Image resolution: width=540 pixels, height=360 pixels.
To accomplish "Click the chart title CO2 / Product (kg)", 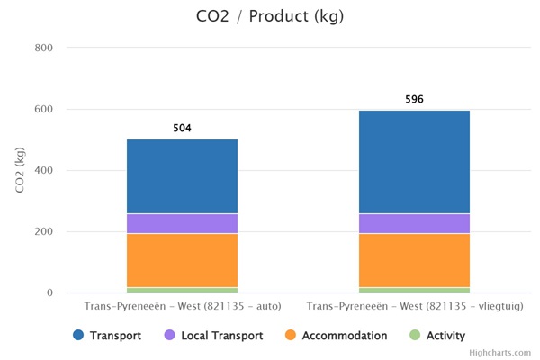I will (269, 16).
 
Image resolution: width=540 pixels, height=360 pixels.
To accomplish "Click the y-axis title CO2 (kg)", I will (21, 170).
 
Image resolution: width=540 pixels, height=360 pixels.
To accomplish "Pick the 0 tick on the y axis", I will (49, 292).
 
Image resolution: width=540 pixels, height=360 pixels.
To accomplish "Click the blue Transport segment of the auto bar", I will (182, 176).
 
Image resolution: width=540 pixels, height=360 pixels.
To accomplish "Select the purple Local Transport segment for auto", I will (182, 223).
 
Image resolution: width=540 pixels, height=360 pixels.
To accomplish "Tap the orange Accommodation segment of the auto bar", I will (182, 260).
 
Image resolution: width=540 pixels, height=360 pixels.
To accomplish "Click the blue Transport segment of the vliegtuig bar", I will (414, 162).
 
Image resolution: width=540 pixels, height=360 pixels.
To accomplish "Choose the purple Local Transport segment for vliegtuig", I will (414, 223).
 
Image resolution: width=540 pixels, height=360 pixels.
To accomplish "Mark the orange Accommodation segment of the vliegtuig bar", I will (414, 260).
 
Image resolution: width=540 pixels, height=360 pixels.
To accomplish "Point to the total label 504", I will (182, 129).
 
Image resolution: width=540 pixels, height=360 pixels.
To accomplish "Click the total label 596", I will (414, 99).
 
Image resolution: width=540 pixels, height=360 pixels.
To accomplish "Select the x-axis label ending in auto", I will (182, 307).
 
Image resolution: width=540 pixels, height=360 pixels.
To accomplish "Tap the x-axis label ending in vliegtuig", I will (414, 307).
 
